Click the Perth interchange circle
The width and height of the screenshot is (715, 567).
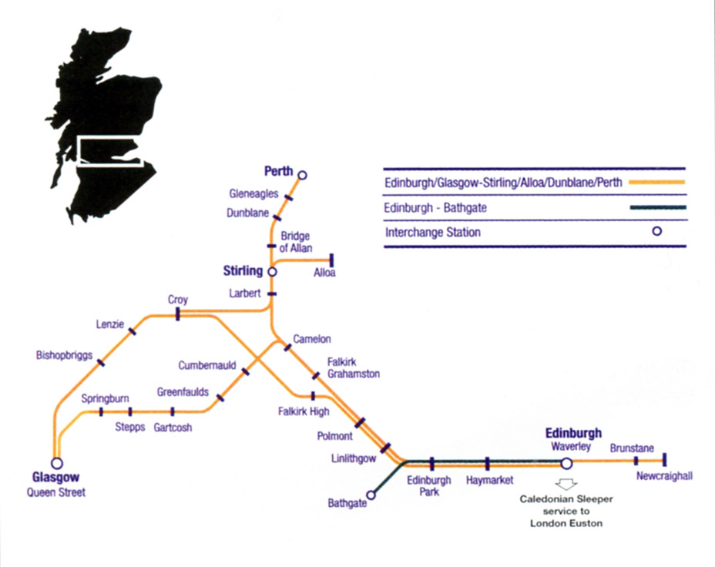click(x=302, y=176)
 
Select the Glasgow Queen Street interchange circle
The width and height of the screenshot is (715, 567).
click(x=56, y=463)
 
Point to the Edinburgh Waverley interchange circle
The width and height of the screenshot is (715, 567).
click(x=566, y=463)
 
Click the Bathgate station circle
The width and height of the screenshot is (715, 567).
click(x=370, y=495)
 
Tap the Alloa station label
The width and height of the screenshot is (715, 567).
click(x=324, y=273)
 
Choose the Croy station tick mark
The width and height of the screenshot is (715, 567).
click(x=177, y=314)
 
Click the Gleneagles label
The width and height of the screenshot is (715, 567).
click(x=253, y=194)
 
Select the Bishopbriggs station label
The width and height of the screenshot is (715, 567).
click(x=65, y=356)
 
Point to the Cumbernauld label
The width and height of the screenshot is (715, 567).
click(x=206, y=365)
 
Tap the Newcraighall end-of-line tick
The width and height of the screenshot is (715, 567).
click(x=663, y=460)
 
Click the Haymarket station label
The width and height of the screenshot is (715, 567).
click(x=489, y=481)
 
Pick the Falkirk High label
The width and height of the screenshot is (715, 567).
click(x=304, y=411)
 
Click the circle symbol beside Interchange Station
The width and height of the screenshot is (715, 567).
click(x=657, y=231)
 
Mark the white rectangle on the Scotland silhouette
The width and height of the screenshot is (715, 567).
click(x=109, y=151)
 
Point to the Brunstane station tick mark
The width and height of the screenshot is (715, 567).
click(x=636, y=461)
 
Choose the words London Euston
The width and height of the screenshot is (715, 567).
click(x=566, y=524)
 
